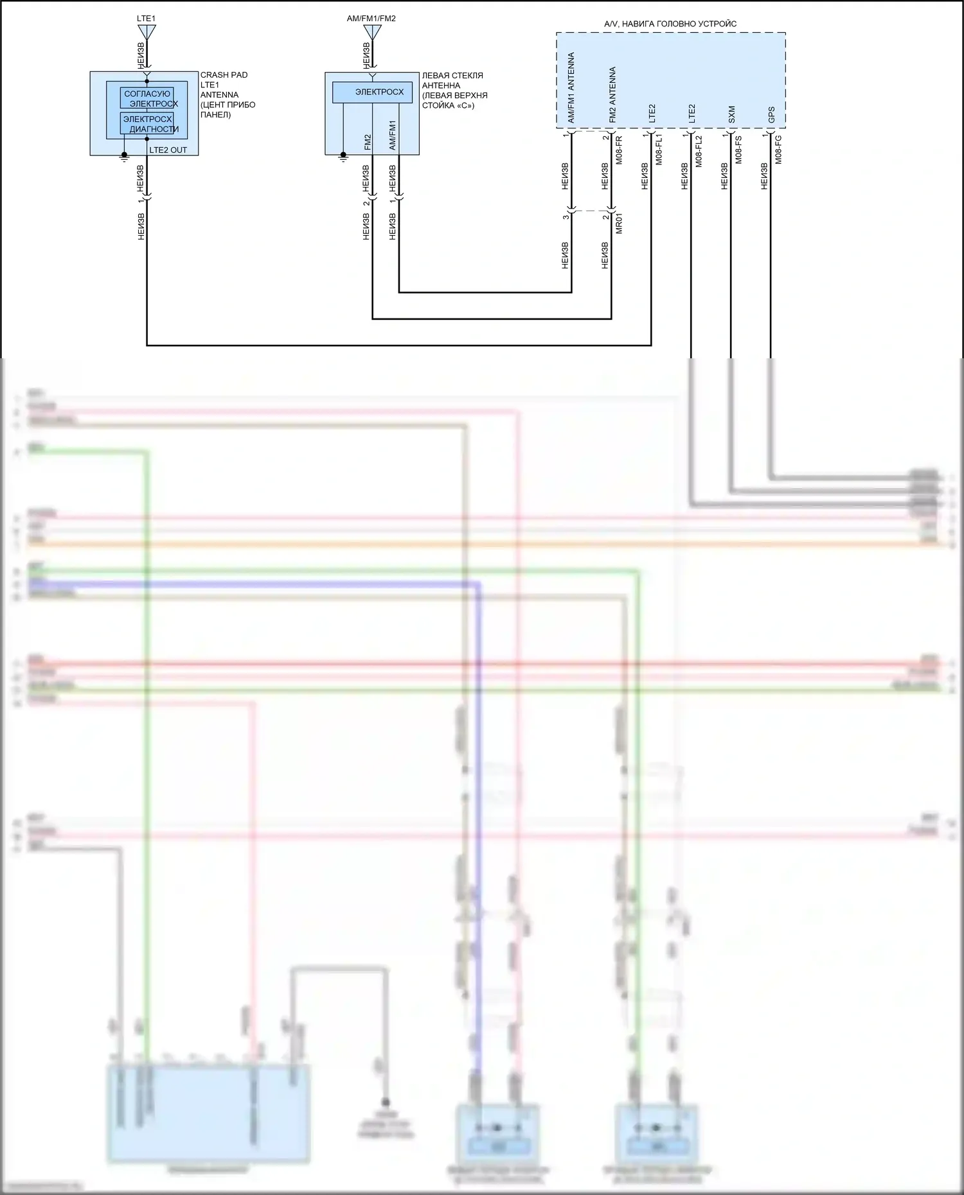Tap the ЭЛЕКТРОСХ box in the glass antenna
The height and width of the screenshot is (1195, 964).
(x=372, y=92)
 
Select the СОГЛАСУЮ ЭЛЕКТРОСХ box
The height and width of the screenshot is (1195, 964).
(x=147, y=98)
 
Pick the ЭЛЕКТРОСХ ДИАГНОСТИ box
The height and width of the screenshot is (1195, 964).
(x=147, y=124)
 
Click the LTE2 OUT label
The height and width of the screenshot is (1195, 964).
(x=168, y=150)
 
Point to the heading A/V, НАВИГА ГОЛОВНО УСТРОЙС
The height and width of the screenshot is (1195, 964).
(x=670, y=24)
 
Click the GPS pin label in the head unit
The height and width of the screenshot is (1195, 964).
(x=771, y=114)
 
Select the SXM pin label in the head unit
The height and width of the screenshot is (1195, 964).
(x=731, y=114)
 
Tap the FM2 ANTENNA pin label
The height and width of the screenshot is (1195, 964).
(x=612, y=95)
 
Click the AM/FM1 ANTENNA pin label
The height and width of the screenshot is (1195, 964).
(x=571, y=88)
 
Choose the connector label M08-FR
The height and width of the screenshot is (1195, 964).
(x=620, y=150)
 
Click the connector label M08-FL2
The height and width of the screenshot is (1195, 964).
(x=699, y=150)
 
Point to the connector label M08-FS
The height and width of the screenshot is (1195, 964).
(x=739, y=150)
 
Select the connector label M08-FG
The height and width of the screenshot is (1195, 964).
(x=779, y=150)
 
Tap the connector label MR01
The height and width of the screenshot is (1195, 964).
(x=620, y=222)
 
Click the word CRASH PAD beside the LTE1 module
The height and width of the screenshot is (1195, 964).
(x=224, y=75)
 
